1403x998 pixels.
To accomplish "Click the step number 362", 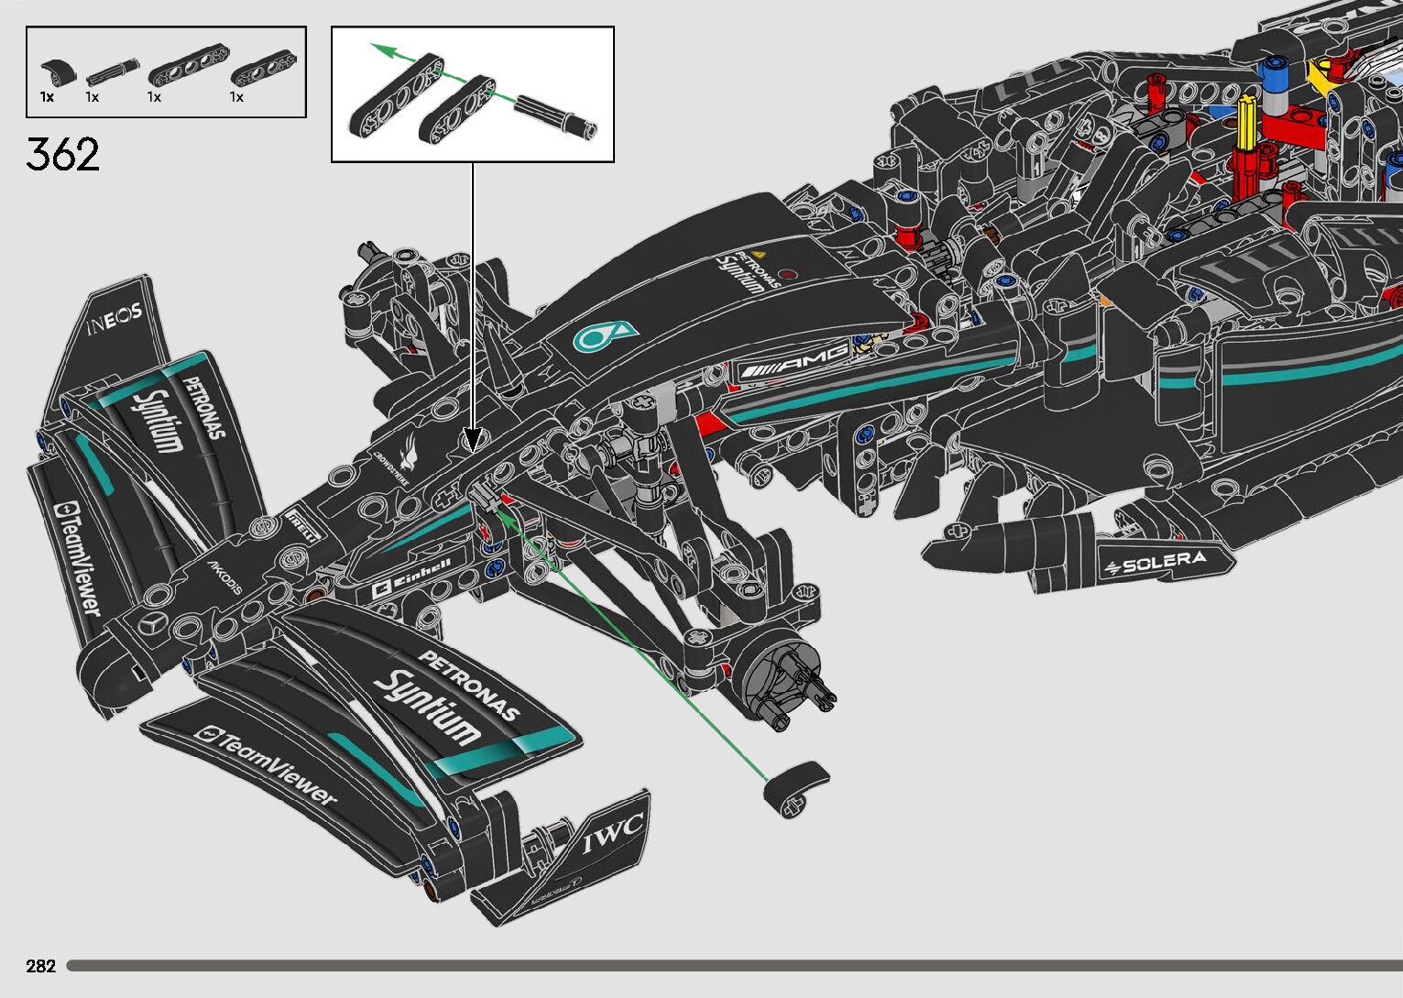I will click(x=62, y=154).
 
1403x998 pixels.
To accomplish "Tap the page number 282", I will click(x=41, y=966).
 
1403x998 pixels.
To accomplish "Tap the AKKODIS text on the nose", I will click(x=225, y=577).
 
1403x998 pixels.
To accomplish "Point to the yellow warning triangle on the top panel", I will click(x=758, y=254).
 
